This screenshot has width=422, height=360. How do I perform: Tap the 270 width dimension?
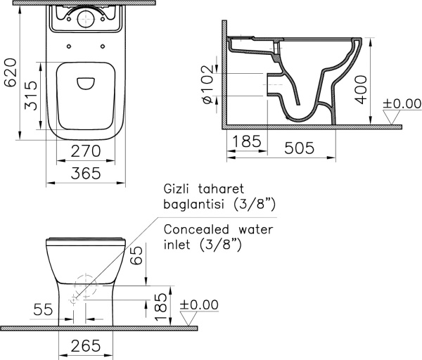pos(86,150)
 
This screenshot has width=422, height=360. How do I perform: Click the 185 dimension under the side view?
pos(245,141)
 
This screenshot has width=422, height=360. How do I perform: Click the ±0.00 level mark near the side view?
pos(402,105)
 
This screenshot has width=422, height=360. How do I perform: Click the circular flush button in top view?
pos(85,20)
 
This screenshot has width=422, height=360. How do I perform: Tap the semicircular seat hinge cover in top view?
pos(85,82)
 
